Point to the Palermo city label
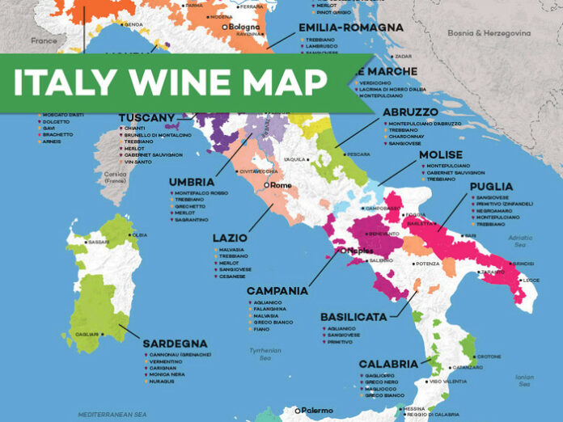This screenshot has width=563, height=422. pyautogui.click(x=316, y=410)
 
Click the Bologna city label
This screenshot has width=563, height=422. pyautogui.click(x=244, y=27)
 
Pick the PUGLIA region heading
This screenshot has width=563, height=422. pyautogui.click(x=491, y=187)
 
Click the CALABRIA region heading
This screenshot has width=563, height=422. pyautogui.click(x=387, y=364)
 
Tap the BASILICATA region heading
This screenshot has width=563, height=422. pyautogui.click(x=353, y=317)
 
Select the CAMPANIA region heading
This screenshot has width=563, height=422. pyautogui.click(x=277, y=290)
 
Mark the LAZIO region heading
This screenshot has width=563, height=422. pyautogui.click(x=230, y=238)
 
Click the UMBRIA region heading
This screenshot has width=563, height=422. pyautogui.click(x=192, y=182)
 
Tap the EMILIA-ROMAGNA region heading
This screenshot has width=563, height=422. pyautogui.click(x=350, y=27)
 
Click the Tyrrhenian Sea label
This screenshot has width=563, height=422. pyautogui.click(x=265, y=353)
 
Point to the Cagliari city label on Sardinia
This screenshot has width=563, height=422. pyautogui.click(x=87, y=334)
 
